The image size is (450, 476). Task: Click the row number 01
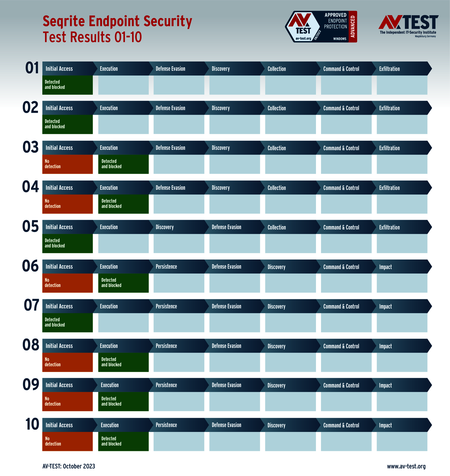(32, 68)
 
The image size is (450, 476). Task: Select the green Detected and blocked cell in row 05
(67, 243)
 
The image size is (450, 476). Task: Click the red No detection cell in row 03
(67, 164)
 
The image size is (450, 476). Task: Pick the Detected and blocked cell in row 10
(123, 441)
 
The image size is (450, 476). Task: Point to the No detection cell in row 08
(67, 362)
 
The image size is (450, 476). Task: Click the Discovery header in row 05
(165, 227)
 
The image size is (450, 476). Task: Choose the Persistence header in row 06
(166, 267)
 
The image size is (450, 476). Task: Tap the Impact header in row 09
(385, 385)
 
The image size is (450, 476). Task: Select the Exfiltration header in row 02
(389, 108)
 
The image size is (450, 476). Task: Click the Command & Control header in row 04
(341, 188)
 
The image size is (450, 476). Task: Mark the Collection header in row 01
(276, 69)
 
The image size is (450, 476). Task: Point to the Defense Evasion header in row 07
(226, 306)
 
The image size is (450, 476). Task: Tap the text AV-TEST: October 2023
(69, 466)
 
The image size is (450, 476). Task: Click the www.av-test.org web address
(406, 466)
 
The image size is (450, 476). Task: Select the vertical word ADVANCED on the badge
(353, 26)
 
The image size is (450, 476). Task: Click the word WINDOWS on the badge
(340, 39)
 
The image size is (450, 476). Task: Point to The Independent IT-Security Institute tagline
(408, 32)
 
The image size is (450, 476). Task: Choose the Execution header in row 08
(109, 346)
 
